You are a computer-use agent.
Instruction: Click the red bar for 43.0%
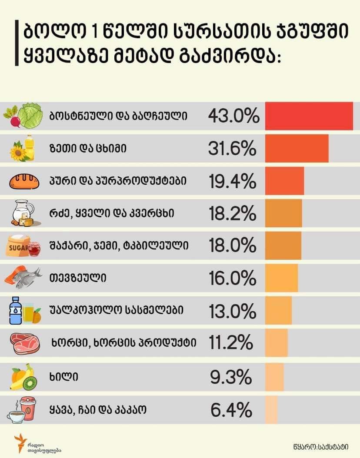pyautogui.click(x=309, y=116)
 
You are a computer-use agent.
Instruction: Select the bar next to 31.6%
pyautogui.click(x=297, y=149)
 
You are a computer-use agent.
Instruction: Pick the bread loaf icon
pyautogui.click(x=24, y=182)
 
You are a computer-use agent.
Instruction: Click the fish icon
pyautogui.click(x=27, y=280)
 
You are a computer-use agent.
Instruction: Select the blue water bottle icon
pyautogui.click(x=16, y=310)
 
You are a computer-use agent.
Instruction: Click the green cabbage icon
pyautogui.click(x=30, y=116)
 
